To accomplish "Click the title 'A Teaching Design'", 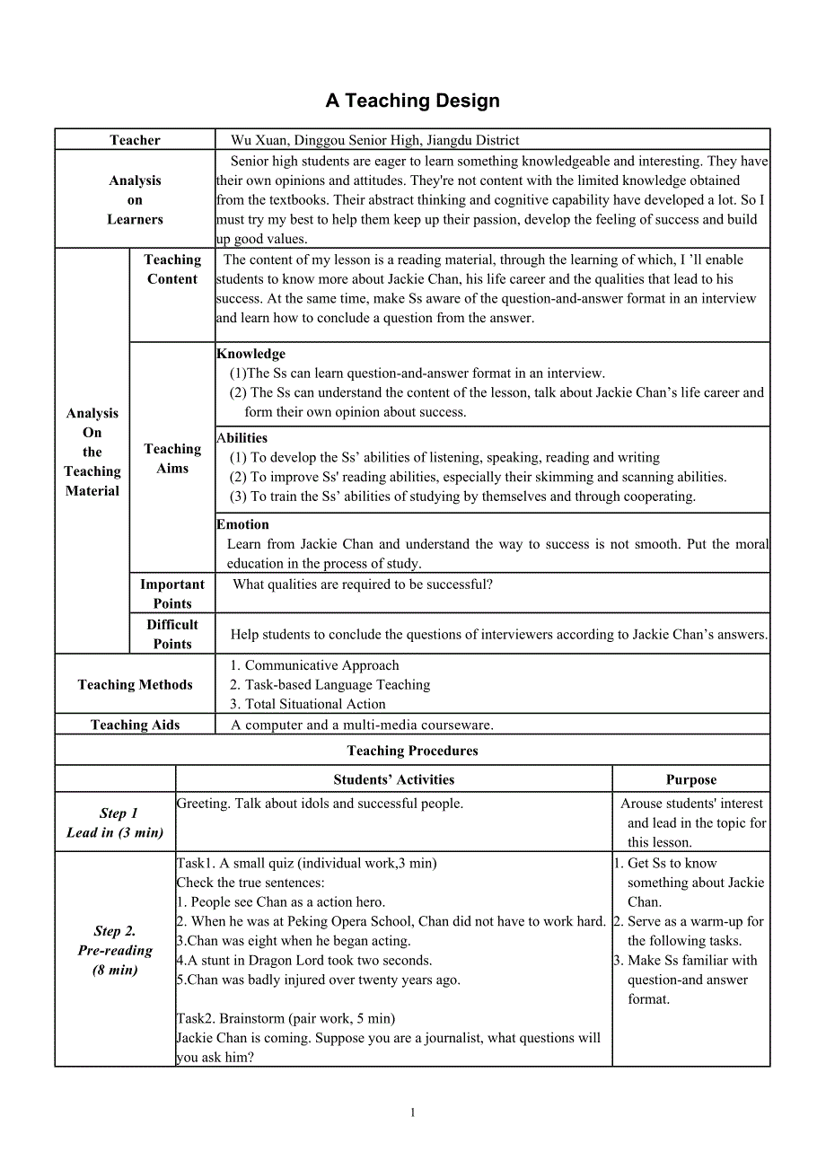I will click(412, 101).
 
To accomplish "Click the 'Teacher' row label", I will click(135, 140).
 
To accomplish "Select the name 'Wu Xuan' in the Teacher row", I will click(257, 140).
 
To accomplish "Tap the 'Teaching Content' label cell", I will click(172, 269).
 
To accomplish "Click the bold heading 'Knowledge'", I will click(250, 354).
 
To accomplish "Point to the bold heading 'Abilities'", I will click(242, 438).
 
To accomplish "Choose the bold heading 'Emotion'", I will click(242, 524).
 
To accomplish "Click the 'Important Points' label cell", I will click(172, 593).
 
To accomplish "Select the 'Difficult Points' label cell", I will click(172, 634).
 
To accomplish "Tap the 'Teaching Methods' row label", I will click(135, 685).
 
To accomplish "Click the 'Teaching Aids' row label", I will click(135, 725).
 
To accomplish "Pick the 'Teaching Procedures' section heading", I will click(412, 751).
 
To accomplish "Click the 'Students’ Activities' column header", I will click(394, 779).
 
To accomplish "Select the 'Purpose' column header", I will click(691, 779).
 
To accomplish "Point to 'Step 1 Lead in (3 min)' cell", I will click(115, 822).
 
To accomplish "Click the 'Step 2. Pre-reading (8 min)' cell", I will click(115, 950).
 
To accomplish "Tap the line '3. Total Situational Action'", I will click(308, 705).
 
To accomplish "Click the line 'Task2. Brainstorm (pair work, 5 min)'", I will click(286, 1018).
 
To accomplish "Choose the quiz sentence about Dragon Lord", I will click(304, 961).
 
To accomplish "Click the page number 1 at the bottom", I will click(413, 1112).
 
